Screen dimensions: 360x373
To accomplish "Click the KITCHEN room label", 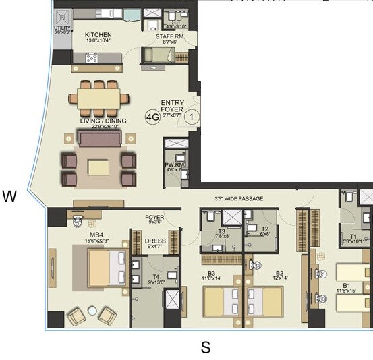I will [x=98, y=35].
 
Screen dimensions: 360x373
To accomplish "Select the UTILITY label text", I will [x=61, y=29].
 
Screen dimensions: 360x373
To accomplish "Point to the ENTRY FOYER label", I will [x=172, y=107].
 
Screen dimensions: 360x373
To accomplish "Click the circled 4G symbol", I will [x=152, y=117].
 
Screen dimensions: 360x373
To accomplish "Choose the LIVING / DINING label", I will [x=100, y=121].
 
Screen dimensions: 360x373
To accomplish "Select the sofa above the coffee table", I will [x=100, y=139].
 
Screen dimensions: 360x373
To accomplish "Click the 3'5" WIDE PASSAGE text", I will [x=239, y=198].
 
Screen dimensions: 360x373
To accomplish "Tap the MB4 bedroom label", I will [x=88, y=233].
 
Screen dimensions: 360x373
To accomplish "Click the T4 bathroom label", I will [x=155, y=276].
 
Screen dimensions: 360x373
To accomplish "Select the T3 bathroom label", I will [x=221, y=231].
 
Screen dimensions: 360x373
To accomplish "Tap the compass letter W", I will [x=9, y=197].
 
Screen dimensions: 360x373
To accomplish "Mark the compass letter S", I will [x=206, y=348].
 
